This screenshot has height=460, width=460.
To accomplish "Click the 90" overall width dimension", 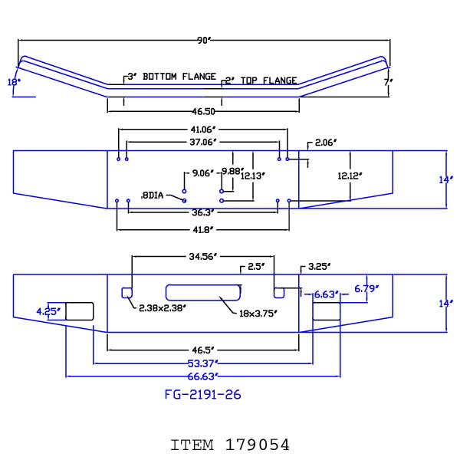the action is click(x=204, y=40).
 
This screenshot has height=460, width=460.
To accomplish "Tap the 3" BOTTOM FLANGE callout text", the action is click(x=172, y=77).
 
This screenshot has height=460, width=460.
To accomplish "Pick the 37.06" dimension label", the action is click(x=203, y=142).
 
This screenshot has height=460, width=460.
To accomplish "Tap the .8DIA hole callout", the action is click(x=152, y=195).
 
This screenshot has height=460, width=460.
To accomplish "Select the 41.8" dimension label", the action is click(x=203, y=230).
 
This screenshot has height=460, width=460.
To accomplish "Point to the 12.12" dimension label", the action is click(x=350, y=176).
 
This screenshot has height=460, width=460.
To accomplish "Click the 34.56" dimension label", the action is click(x=203, y=256).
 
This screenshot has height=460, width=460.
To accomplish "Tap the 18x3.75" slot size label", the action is click(x=258, y=314).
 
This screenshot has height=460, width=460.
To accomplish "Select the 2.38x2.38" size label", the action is click(x=163, y=308).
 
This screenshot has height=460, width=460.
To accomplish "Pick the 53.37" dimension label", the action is click(x=203, y=363).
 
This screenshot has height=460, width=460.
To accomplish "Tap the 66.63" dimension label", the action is click(x=203, y=376).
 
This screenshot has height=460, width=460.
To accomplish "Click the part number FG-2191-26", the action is click(x=202, y=395).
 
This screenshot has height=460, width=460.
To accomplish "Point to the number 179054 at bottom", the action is click(x=258, y=445).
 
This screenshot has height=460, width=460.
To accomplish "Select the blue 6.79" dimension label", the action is click(x=366, y=289).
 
